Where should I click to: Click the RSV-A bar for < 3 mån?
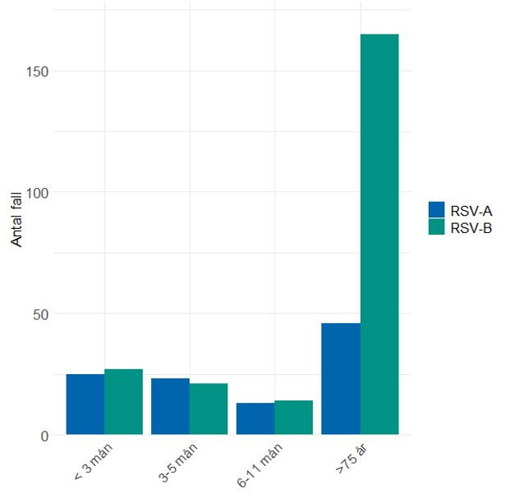[85, 404]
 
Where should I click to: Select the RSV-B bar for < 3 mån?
[123, 402]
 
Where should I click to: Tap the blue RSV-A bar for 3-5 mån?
[170, 406]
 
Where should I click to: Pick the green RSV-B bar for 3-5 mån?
[209, 409]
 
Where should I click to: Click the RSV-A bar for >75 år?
[341, 378]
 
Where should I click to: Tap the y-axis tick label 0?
[45, 436]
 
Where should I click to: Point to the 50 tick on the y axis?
[41, 314]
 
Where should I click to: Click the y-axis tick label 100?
[38, 193]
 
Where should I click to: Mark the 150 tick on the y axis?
[38, 71]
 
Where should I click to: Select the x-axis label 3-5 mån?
[177, 464]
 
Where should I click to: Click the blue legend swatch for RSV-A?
[436, 210]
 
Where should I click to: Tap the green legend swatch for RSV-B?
[436, 227]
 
